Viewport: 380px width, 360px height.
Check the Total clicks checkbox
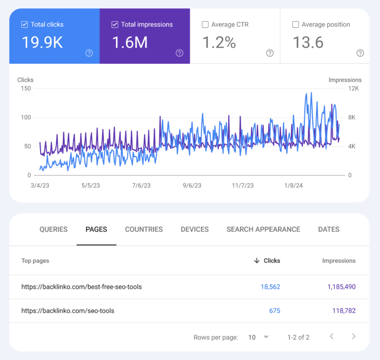tap(25, 24)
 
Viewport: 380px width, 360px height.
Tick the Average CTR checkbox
tap(205, 24)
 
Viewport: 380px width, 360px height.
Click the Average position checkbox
tap(295, 24)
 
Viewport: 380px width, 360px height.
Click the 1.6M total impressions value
tap(130, 43)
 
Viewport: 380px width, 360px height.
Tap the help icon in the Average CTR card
tap(270, 53)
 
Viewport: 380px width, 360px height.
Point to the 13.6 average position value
tap(308, 43)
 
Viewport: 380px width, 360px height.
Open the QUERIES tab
tap(53, 229)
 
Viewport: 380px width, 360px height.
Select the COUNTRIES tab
tap(143, 229)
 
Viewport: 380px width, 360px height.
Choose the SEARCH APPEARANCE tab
tap(263, 229)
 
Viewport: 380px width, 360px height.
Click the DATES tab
tap(329, 229)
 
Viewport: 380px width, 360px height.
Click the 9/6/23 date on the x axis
tap(192, 186)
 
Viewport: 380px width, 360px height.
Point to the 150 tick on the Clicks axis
tap(26, 89)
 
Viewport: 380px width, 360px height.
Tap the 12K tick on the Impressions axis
tap(353, 89)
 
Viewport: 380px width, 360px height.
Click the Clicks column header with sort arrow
tap(267, 261)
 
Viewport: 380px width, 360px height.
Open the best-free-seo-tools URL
tap(82, 287)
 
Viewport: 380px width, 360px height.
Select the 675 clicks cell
tap(275, 311)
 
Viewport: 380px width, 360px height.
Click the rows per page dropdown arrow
tap(266, 337)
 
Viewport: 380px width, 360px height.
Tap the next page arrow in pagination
tap(353, 337)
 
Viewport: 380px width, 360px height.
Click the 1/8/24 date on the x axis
tap(293, 186)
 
